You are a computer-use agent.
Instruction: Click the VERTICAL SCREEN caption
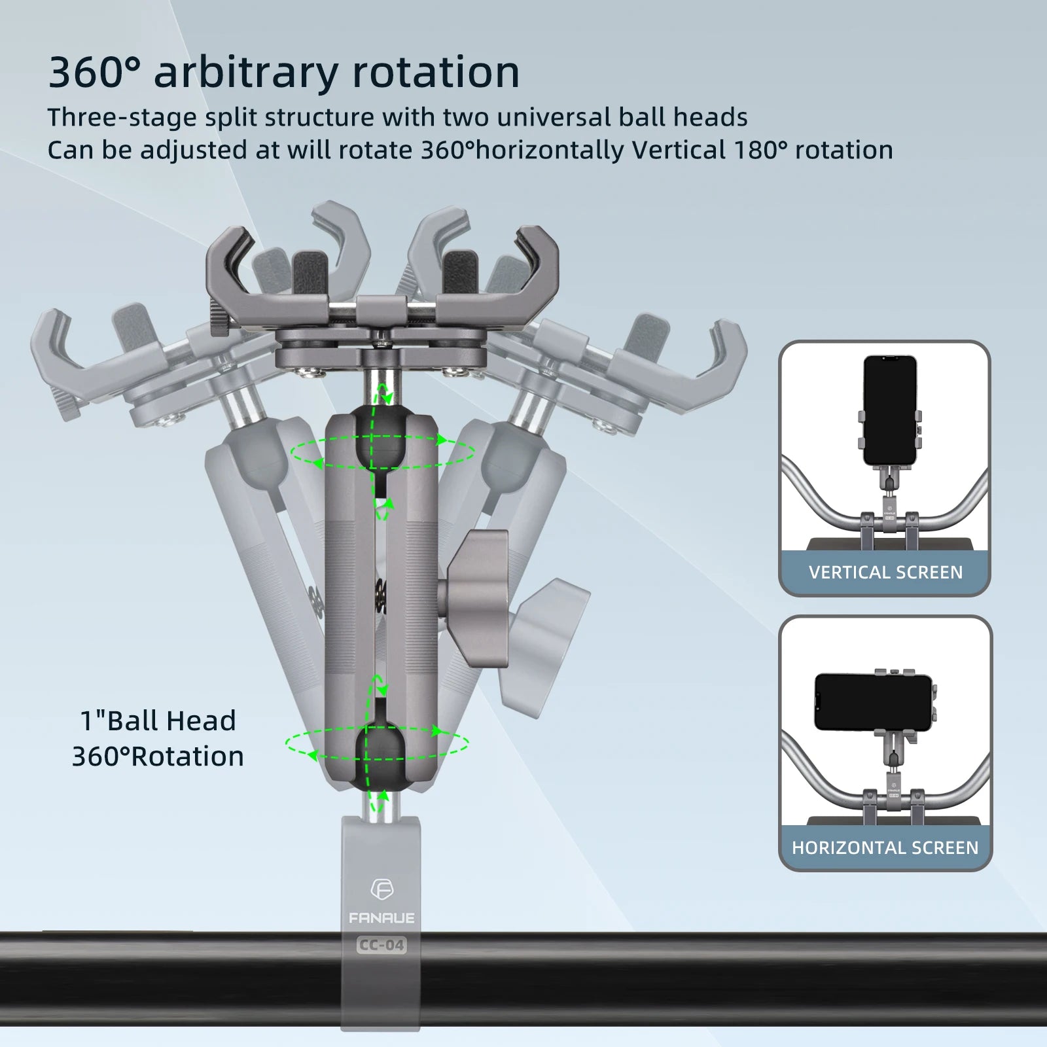point(885,573)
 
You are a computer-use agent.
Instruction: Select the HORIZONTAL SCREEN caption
point(885,848)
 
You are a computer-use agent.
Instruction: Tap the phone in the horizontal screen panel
point(873,702)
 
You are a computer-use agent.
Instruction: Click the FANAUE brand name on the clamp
point(382,918)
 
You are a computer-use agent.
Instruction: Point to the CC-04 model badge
point(382,945)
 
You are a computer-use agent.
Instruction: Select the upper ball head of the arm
point(381,437)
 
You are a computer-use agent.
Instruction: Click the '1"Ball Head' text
point(158,720)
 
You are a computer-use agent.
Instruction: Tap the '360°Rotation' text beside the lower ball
point(158,756)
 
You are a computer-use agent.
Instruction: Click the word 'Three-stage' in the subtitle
point(122,118)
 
